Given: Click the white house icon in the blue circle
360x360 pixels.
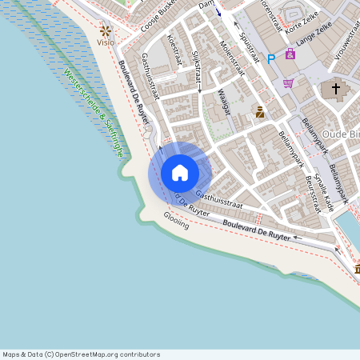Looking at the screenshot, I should point(180,173).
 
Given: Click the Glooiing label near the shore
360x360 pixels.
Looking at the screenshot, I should point(176,219).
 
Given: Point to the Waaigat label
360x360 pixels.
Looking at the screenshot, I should point(223,102).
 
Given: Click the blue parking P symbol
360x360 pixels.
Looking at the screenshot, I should point(270,57).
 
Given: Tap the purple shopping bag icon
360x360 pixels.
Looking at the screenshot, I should point(290,54).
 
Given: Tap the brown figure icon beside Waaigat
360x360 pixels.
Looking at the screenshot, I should point(260,112).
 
